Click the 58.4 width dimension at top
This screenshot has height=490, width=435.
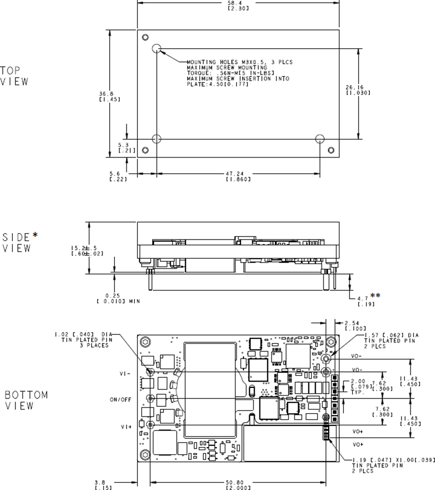[238, 3]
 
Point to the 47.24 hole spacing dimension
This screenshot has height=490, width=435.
[238, 174]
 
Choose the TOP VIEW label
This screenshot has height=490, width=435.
[14, 76]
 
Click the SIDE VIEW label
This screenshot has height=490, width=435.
[20, 242]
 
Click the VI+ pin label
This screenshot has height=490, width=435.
[126, 427]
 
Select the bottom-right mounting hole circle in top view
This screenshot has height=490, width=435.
[320, 138]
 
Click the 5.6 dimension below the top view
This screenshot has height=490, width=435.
[114, 174]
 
